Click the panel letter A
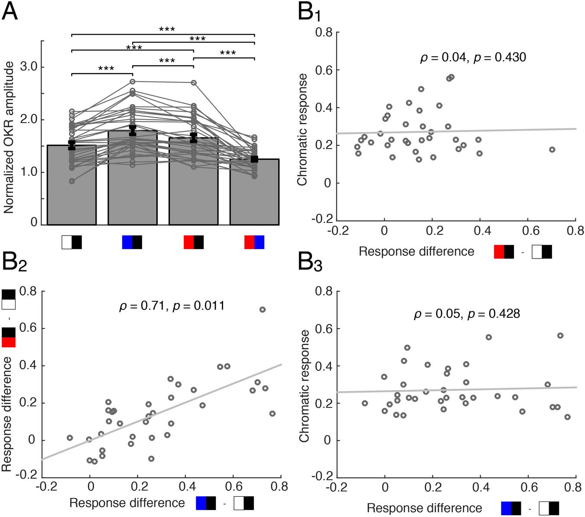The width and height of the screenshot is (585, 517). click(x=10, y=11)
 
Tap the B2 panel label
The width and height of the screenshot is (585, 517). click(x=14, y=263)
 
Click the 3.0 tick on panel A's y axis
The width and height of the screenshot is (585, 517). click(x=28, y=67)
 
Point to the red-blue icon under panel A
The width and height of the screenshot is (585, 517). click(x=254, y=242)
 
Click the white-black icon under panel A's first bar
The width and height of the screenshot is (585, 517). click(x=71, y=242)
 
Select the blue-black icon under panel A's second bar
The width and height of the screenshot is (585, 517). click(x=132, y=242)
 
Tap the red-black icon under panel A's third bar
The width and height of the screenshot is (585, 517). click(x=193, y=242)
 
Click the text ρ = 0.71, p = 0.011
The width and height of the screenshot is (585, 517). click(x=172, y=306)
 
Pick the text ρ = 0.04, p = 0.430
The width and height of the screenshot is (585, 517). click(x=473, y=57)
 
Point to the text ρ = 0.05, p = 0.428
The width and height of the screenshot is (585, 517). click(x=467, y=313)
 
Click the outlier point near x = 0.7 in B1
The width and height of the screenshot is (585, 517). click(x=552, y=149)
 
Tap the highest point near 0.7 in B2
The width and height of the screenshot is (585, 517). click(x=262, y=309)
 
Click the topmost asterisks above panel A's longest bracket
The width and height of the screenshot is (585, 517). click(x=167, y=29)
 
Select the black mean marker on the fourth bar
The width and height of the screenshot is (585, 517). click(x=254, y=159)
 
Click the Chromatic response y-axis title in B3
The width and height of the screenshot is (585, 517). click(x=305, y=385)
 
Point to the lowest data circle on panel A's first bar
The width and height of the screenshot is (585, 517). click(x=71, y=181)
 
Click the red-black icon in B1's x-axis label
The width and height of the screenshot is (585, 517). click(x=504, y=252)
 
